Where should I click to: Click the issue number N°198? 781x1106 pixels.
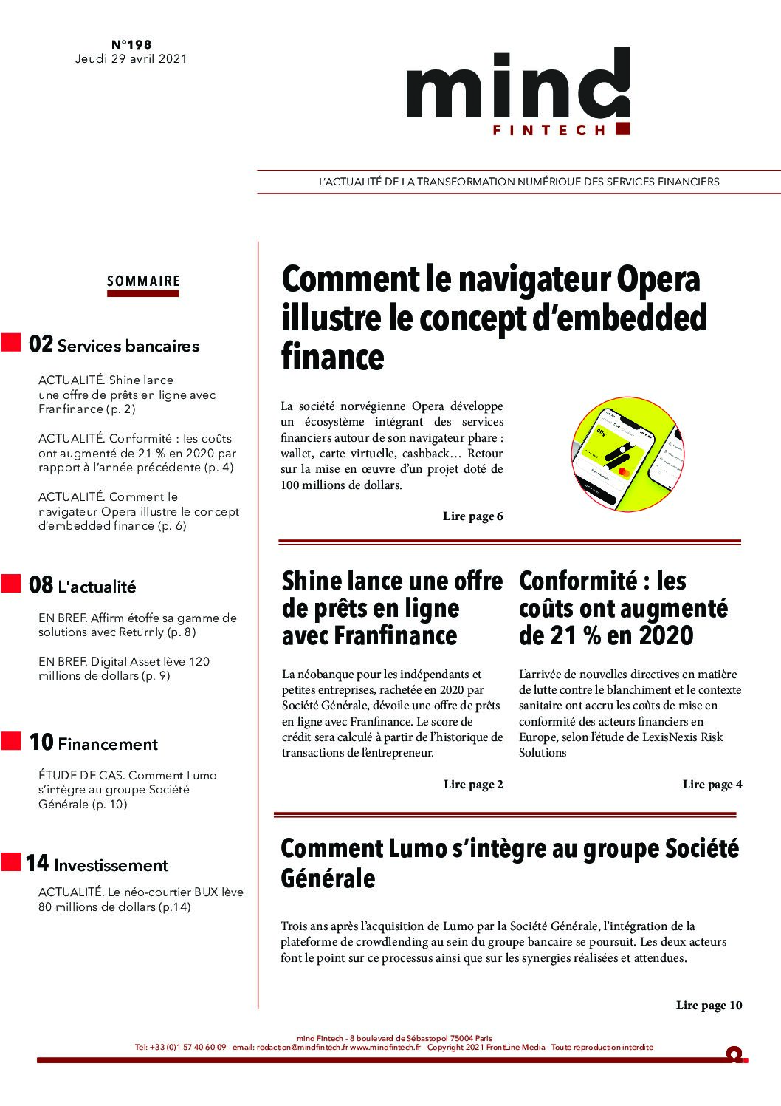(x=131, y=44)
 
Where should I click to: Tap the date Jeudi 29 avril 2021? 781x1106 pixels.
(x=131, y=58)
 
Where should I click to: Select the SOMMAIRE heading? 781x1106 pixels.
(x=143, y=281)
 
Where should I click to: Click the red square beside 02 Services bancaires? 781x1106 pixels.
(x=11, y=343)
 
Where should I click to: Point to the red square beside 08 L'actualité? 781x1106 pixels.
(x=11, y=584)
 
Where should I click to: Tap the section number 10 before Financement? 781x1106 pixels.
(x=41, y=742)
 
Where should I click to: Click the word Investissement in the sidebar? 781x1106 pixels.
(x=111, y=865)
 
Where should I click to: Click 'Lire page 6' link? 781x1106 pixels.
(x=472, y=516)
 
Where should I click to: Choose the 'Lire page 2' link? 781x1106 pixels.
(x=472, y=785)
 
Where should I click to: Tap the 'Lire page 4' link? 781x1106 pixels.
(x=712, y=785)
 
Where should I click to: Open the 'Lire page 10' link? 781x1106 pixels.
(x=709, y=1006)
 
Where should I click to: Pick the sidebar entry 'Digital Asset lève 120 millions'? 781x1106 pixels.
(x=124, y=669)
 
